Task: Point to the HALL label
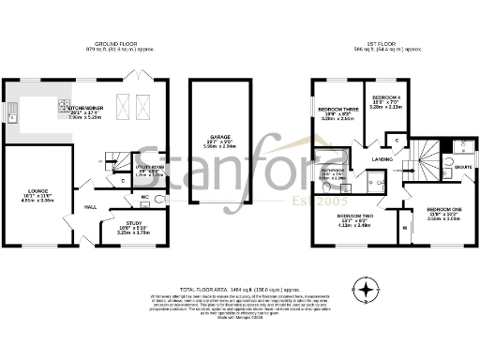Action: pyautogui.click(x=91, y=207)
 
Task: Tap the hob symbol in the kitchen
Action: pyautogui.click(x=64, y=105)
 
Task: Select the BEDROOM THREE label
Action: pyautogui.click(x=337, y=110)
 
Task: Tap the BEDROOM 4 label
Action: pyautogui.click(x=385, y=98)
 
